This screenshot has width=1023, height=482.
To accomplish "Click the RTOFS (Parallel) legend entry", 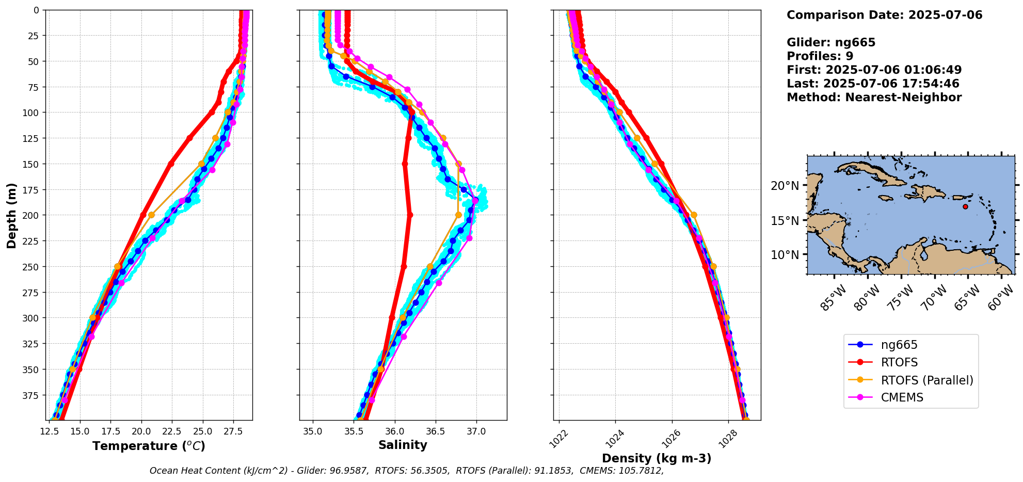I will click(x=926, y=380).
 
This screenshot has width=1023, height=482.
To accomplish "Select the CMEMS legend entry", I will click(x=902, y=398).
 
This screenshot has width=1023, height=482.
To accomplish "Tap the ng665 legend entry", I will click(x=899, y=345).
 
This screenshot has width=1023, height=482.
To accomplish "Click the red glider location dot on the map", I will click(x=965, y=206).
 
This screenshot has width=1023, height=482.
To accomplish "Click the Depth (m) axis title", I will click(x=11, y=215).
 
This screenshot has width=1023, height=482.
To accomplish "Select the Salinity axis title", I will click(x=403, y=445).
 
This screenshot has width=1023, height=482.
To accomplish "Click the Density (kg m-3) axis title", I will click(x=657, y=458).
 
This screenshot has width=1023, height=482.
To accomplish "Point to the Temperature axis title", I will click(x=149, y=446).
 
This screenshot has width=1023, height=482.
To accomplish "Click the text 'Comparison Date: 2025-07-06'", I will click(x=884, y=15).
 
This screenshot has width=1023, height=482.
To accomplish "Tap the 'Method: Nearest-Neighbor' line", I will click(x=874, y=98).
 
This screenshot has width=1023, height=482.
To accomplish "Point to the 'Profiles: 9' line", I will click(x=820, y=56).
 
